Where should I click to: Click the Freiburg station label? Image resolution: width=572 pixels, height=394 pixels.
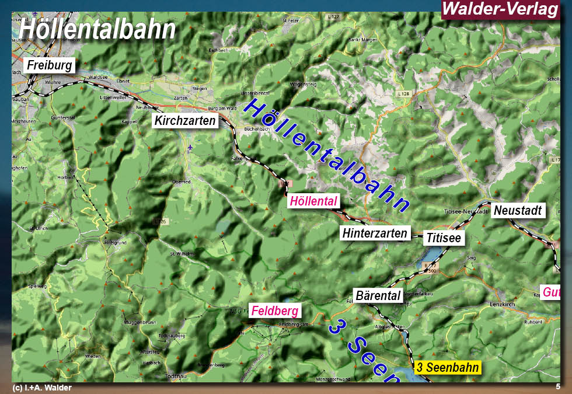pos(50,65)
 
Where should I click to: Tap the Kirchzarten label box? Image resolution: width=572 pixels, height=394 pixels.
pos(185,121)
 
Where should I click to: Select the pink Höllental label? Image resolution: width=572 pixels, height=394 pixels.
pos(313,201)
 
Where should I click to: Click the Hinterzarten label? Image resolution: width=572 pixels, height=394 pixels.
pos(375,233)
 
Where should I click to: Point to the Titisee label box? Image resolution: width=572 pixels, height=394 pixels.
pos(444,238)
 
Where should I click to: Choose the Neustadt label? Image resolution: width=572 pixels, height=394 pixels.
pos(518,210)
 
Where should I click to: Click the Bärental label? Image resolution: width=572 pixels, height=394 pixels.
pos(378,295)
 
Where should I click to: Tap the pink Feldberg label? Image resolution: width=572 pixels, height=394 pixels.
pos(274,311)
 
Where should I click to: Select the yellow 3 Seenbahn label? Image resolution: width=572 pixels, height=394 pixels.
pos(448,368)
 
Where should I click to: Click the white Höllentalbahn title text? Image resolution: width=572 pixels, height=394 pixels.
pos(97,29)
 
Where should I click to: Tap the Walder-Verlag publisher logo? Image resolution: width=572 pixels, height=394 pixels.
pos(500,9)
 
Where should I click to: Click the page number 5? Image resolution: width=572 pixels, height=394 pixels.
pos(558,386)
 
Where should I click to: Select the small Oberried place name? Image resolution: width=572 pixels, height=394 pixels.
pos(181,182)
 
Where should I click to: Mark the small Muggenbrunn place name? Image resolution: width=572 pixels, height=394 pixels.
pos(138,322)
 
